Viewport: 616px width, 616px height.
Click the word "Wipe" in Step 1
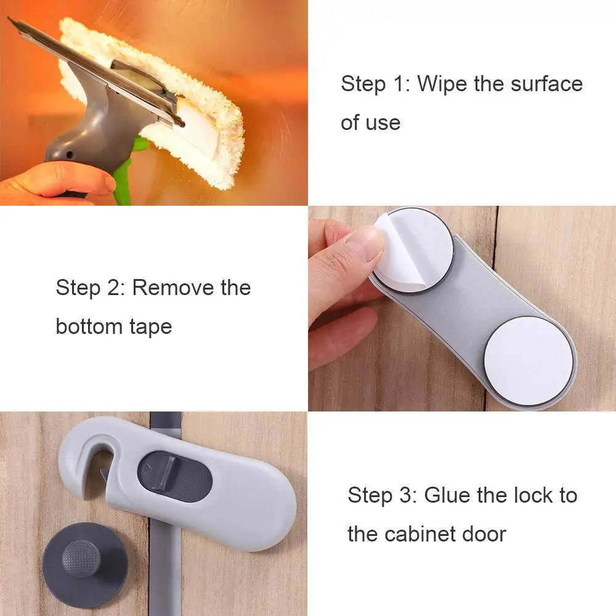[x=442, y=84]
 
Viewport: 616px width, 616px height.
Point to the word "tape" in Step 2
[x=150, y=326]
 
